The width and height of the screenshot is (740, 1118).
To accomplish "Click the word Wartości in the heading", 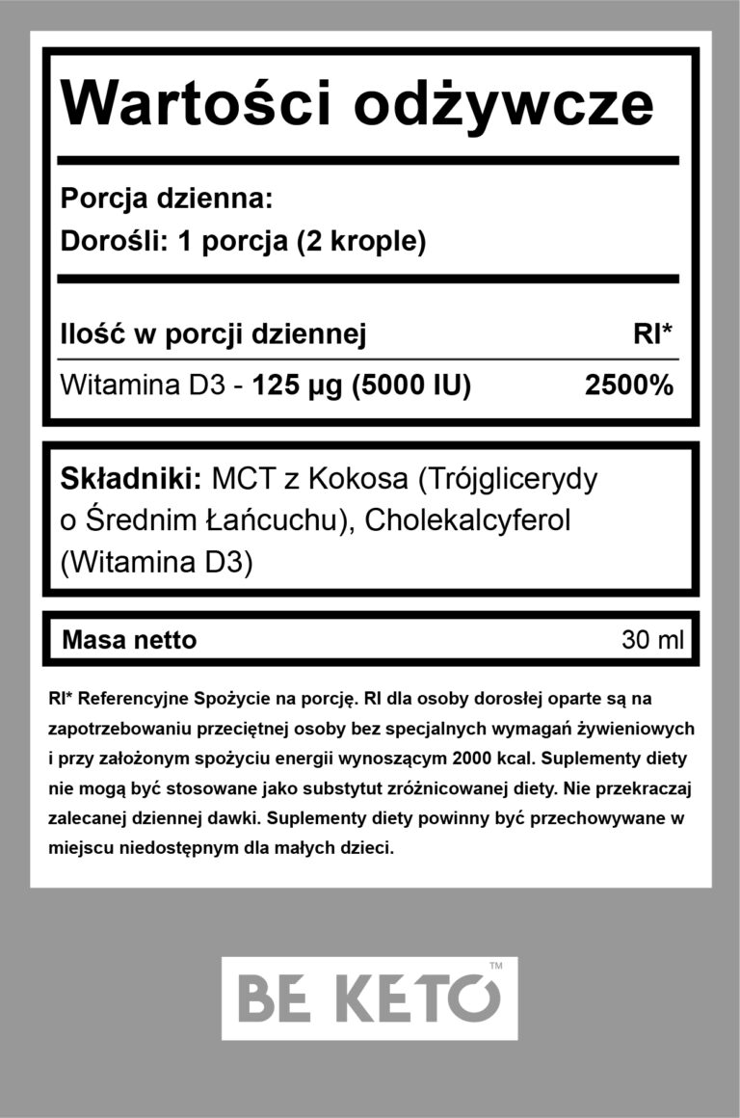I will point(197,103).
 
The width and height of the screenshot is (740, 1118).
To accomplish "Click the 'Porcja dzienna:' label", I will point(167,200).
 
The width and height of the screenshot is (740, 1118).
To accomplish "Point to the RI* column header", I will point(652,334).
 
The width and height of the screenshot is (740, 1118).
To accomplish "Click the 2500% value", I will point(629,386).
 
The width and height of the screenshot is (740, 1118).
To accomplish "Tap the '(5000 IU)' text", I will point(411,386).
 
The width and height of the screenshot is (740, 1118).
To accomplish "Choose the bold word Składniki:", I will point(130,478).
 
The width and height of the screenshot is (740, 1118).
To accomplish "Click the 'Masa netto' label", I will point(128,639).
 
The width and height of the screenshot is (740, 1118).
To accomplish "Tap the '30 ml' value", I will point(652,639).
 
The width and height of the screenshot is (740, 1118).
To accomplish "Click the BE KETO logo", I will point(369,998).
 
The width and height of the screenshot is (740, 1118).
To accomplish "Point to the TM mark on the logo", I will point(496,966).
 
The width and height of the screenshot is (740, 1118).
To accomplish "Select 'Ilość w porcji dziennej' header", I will point(213,334).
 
